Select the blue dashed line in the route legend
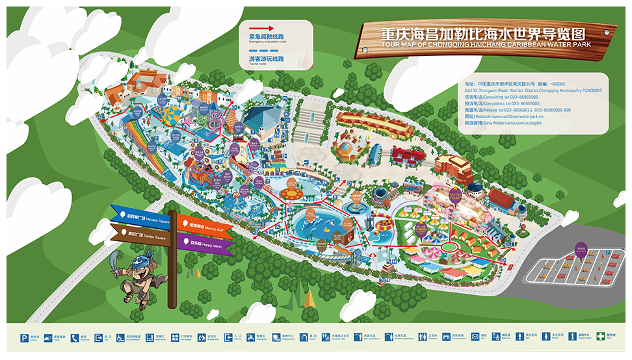pos(263,51)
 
